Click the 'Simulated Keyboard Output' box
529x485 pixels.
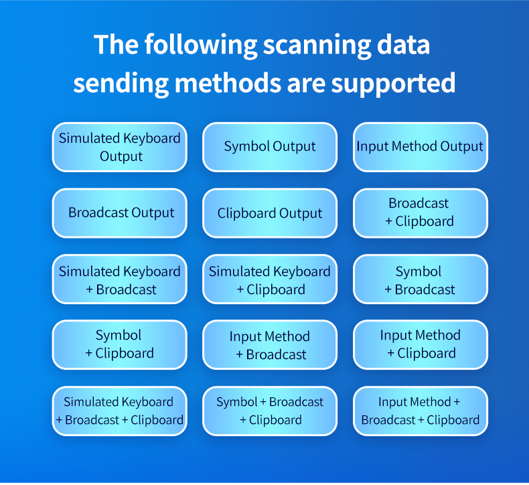coord(119,147)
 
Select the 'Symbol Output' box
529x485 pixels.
coord(270,147)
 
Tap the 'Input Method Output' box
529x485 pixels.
coord(421,147)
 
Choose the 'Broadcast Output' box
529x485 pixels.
coord(119,213)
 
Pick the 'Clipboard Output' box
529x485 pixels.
coord(270,213)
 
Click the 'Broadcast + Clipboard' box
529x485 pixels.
coord(421,213)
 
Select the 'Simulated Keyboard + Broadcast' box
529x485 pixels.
coord(119,279)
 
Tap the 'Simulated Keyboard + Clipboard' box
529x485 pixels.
coord(270,279)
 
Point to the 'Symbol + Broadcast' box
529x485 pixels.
coord(421,279)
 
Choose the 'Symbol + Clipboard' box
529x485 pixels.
coord(119,344)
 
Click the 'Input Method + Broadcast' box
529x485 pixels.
coord(270,344)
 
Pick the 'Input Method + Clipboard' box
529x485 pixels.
coord(421,344)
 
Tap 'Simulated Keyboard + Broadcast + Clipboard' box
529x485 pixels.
coord(119,411)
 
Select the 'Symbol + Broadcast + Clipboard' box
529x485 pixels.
coord(270,411)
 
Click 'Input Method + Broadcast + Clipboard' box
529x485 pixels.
coord(421,411)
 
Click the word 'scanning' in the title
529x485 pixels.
coord(317,47)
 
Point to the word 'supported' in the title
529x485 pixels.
coord(393,84)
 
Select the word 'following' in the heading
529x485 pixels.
coord(201,46)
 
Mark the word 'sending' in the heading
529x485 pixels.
coord(121,84)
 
